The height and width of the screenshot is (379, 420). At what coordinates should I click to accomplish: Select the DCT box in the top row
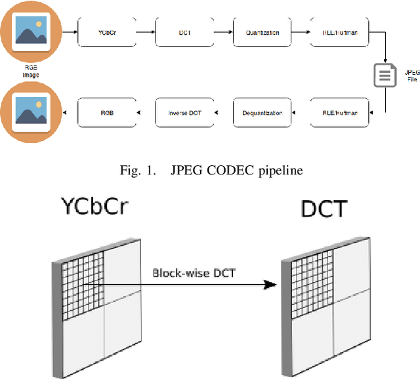pyautogui.click(x=184, y=32)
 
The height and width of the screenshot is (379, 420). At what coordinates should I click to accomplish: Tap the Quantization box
pyautogui.click(x=262, y=32)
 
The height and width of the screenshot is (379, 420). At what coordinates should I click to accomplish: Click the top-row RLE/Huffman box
pyautogui.click(x=340, y=32)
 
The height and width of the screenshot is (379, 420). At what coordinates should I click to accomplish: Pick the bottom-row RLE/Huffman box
pyautogui.click(x=340, y=113)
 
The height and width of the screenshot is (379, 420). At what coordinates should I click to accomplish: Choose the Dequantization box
pyautogui.click(x=262, y=113)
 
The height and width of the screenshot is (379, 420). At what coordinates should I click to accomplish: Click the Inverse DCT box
pyautogui.click(x=184, y=113)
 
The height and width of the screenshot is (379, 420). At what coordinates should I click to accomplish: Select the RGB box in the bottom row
pyautogui.click(x=107, y=113)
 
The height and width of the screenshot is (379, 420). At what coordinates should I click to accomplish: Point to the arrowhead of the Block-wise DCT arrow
pyautogui.click(x=268, y=285)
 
